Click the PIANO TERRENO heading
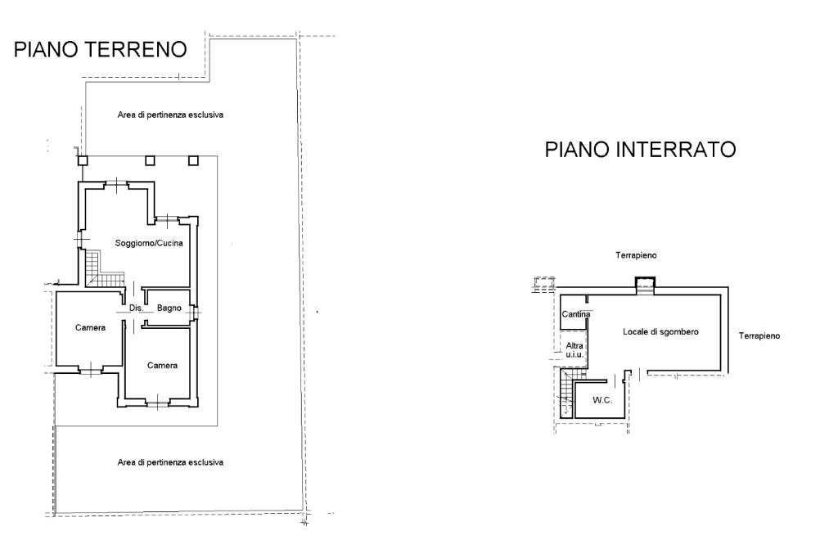point(100,50)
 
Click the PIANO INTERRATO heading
point(640,150)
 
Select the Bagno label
point(169,308)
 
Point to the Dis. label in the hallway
point(136,308)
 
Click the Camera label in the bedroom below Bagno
point(162,365)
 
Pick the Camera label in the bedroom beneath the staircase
point(90,327)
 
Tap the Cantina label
point(576,313)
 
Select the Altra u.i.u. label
point(574,349)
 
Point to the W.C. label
point(602,400)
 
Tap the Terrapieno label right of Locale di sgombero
point(759,335)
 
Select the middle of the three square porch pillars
point(150,160)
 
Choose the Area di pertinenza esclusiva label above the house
point(170,115)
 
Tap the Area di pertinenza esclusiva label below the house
point(170,462)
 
